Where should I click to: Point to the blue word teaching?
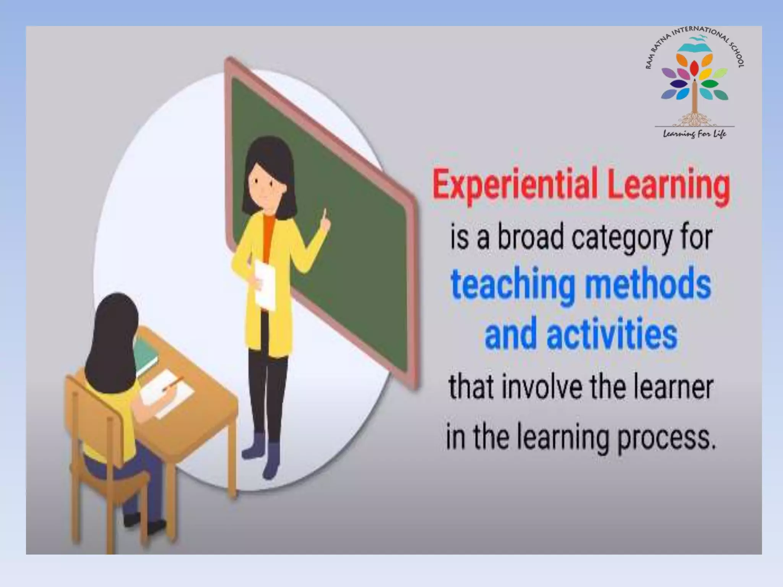(512, 286)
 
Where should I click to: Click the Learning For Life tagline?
(694, 134)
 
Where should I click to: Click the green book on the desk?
(146, 353)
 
